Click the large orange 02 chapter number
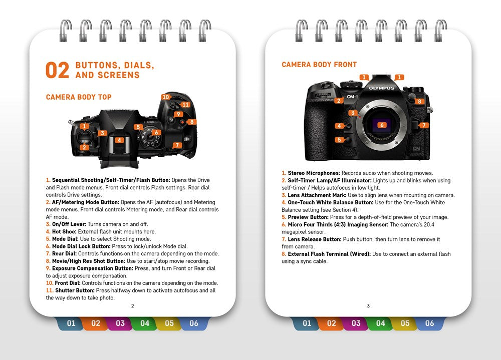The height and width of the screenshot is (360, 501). tap(57, 71)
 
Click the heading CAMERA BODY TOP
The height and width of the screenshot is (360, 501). tap(79, 97)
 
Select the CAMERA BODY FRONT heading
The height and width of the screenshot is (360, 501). tap(319, 65)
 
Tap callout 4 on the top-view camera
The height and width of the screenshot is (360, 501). tap(119, 140)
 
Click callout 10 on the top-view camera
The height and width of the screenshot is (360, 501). tap(166, 97)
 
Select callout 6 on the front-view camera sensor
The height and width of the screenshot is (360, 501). tap(382, 125)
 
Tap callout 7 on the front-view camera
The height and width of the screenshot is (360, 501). tap(423, 125)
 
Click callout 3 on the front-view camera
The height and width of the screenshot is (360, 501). tap(353, 113)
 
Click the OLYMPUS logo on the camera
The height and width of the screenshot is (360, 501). tap(382, 88)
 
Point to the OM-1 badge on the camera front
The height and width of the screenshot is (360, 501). tap(352, 97)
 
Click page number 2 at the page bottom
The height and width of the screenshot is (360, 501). tap(132, 306)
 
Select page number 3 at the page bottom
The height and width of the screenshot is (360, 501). tap(368, 306)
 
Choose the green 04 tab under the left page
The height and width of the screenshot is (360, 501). tap(145, 323)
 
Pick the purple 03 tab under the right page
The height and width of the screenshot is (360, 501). tap(356, 323)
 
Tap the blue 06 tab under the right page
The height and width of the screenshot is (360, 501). tap(429, 323)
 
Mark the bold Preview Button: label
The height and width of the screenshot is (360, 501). tap(308, 217)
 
